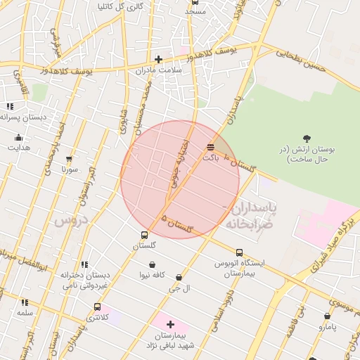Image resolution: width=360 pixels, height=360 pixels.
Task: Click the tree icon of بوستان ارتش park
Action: [306, 139]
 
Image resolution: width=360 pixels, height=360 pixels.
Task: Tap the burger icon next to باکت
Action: [211, 147]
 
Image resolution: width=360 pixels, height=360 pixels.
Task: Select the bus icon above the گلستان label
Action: [144, 235]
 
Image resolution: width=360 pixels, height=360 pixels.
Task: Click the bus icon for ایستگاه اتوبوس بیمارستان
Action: [240, 252]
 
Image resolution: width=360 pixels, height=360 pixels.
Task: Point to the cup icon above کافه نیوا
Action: [153, 264]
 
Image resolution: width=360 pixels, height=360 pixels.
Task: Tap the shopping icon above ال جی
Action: [179, 278]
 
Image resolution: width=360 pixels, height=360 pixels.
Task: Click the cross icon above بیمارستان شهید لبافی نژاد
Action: [170, 324]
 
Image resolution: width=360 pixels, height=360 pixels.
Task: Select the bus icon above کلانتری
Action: [97, 307]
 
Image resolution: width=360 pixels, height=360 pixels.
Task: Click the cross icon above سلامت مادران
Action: [159, 59]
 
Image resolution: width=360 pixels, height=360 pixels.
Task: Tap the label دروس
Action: [70, 220]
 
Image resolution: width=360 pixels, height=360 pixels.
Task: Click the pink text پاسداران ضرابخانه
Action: [250, 216]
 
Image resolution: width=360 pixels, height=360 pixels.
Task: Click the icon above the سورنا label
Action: [69, 159]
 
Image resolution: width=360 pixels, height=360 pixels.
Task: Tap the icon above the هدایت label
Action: [19, 138]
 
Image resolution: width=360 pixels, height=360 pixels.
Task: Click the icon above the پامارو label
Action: [328, 316]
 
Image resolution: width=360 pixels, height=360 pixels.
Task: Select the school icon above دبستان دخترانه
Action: [84, 265]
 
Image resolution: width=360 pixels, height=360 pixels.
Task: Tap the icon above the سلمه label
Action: [25, 302]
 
